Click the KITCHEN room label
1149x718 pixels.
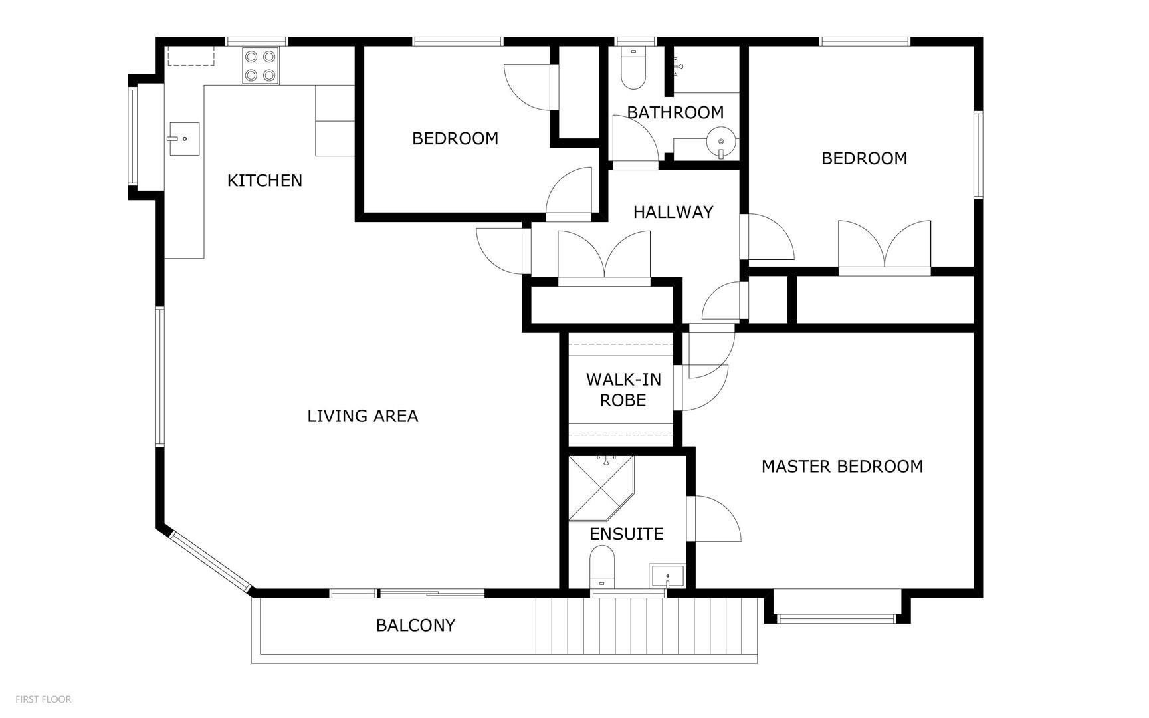tap(264, 180)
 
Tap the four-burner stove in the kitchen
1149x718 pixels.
tap(260, 66)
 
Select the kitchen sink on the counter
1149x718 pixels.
tap(184, 138)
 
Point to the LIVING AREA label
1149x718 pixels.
tap(363, 416)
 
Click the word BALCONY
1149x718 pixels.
tap(415, 625)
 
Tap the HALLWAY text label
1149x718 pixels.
tap(673, 212)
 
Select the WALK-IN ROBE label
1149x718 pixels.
tap(623, 390)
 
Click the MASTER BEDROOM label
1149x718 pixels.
tap(842, 467)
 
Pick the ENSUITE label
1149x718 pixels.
tap(627, 534)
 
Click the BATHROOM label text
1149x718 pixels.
tap(675, 112)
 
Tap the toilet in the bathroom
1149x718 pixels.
tap(633, 68)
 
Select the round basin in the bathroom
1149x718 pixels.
tap(721, 142)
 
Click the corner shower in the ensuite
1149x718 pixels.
tap(601, 488)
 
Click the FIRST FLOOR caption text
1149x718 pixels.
tap(43, 699)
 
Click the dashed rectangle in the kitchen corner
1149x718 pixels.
tap(191, 56)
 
